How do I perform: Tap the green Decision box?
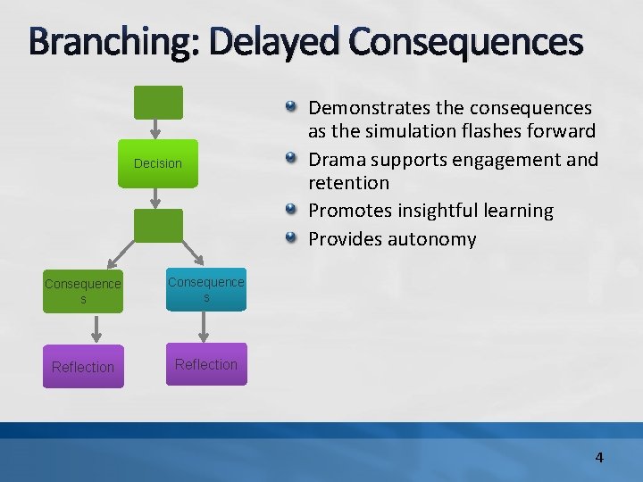[x=158, y=163]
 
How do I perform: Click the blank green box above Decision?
[x=158, y=103]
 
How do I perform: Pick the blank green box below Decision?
[x=158, y=226]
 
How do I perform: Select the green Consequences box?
[x=83, y=291]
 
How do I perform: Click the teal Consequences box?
[x=206, y=289]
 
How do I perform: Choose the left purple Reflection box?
[x=83, y=367]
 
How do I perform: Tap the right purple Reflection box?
[x=206, y=364]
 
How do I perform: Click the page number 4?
[x=599, y=457]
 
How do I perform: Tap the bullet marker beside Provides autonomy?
[x=292, y=239]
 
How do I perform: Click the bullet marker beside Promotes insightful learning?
[x=292, y=211]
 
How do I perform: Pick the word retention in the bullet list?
[x=349, y=183]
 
